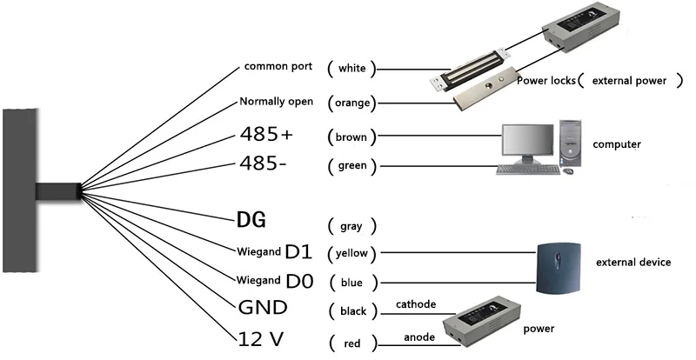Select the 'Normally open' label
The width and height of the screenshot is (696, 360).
[276, 103]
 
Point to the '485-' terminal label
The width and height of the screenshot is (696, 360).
[264, 164]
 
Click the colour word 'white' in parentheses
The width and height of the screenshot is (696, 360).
[352, 68]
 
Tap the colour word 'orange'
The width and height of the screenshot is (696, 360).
[353, 103]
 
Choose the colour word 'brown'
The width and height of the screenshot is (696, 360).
[352, 137]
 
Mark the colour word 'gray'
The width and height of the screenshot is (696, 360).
[351, 226]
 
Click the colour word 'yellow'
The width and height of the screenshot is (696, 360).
[353, 254]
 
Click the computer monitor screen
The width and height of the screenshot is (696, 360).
[527, 140]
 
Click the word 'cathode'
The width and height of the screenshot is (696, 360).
[416, 304]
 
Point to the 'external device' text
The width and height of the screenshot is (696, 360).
[632, 262]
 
